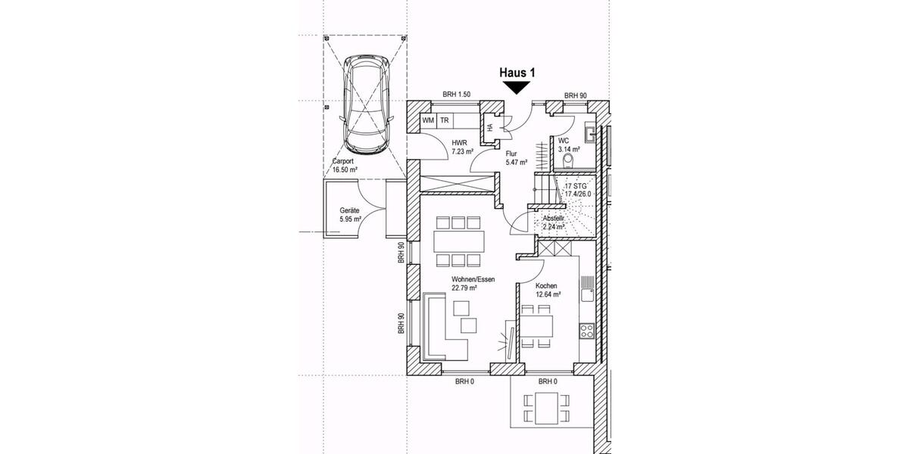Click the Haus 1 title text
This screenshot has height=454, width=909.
(517, 73)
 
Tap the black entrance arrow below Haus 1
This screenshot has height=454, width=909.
(517, 88)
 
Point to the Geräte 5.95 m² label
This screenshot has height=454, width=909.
(349, 215)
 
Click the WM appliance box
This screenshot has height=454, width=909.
(428, 121)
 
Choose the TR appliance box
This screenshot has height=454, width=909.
(445, 121)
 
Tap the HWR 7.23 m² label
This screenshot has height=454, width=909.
(462, 147)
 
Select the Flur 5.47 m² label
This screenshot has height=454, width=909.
(516, 157)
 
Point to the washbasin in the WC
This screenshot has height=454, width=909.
(591, 134)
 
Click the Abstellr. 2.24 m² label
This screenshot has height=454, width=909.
(554, 221)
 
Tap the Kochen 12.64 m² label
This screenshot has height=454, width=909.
(548, 290)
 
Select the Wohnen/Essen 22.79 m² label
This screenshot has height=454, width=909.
(473, 284)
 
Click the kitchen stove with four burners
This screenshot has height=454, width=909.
(587, 330)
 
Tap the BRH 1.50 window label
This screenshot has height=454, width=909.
(458, 95)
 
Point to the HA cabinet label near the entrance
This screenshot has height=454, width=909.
(490, 127)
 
